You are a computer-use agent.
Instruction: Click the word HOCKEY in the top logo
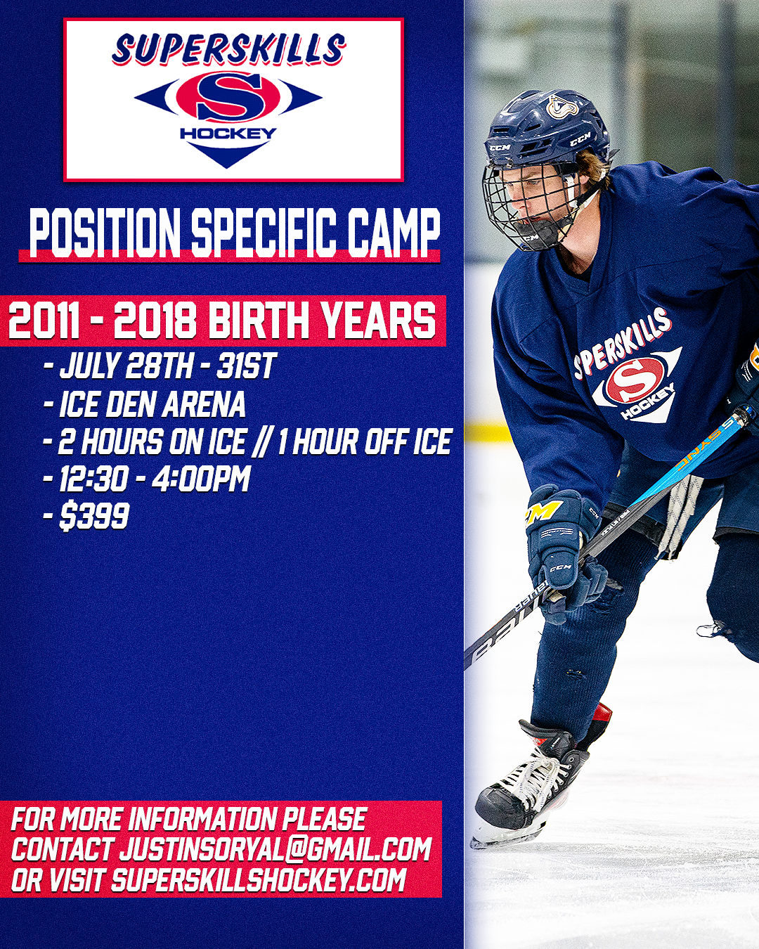point(228,133)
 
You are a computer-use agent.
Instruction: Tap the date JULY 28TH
point(126,366)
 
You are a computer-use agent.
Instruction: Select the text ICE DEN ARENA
point(153,404)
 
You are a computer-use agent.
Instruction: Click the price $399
point(94,515)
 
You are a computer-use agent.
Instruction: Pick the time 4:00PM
point(201,478)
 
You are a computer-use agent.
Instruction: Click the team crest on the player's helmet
point(562,107)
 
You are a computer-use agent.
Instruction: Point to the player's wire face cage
point(528,202)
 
